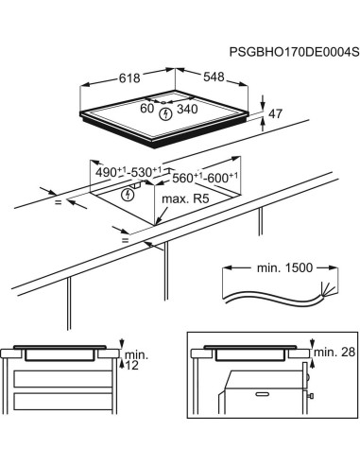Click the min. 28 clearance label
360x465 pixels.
coord(332,352)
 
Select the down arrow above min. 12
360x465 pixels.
coord(121,344)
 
